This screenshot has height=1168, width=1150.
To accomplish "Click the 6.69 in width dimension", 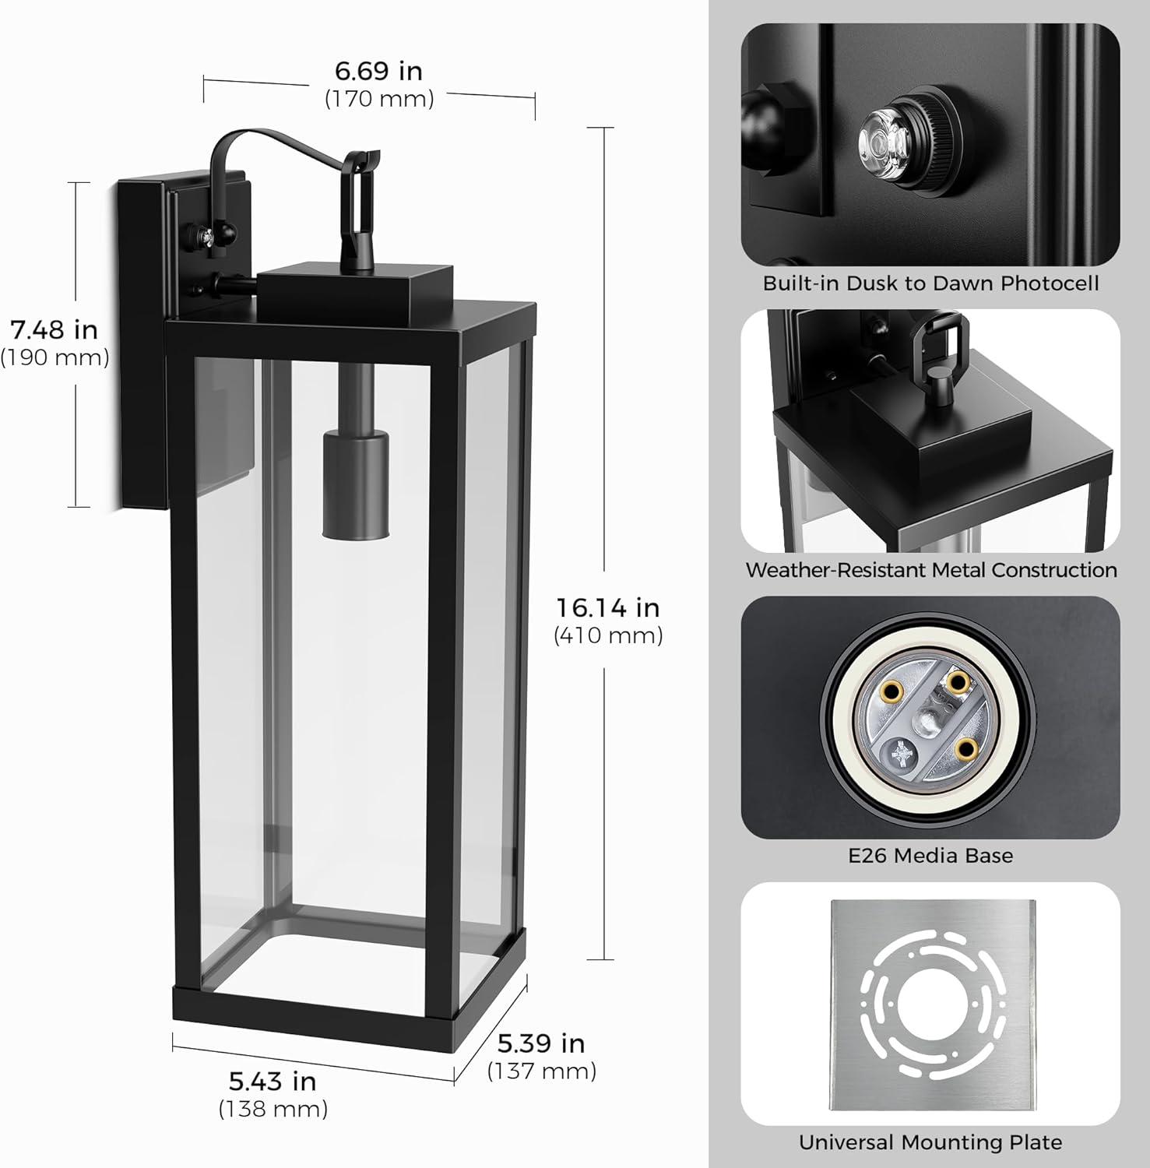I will (378, 71).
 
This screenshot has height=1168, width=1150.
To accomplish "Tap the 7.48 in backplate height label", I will (55, 329).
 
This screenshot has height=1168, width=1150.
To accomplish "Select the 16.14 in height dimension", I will (607, 607).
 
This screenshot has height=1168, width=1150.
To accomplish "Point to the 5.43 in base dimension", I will (273, 1081).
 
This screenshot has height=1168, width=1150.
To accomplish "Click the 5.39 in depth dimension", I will (541, 1043).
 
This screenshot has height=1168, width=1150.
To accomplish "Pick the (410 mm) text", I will (608, 635).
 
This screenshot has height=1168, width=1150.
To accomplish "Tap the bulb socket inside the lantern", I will (355, 483).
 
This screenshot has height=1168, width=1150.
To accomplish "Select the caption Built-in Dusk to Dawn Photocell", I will (930, 283).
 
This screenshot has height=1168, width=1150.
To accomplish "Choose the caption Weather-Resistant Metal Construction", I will (930, 570).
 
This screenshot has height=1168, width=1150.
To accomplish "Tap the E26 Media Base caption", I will (930, 856).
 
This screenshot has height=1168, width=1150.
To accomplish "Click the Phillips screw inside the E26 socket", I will (905, 752).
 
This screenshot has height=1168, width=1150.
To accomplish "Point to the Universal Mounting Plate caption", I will (930, 1142).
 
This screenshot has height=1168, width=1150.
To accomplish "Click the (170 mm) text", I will (378, 99).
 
